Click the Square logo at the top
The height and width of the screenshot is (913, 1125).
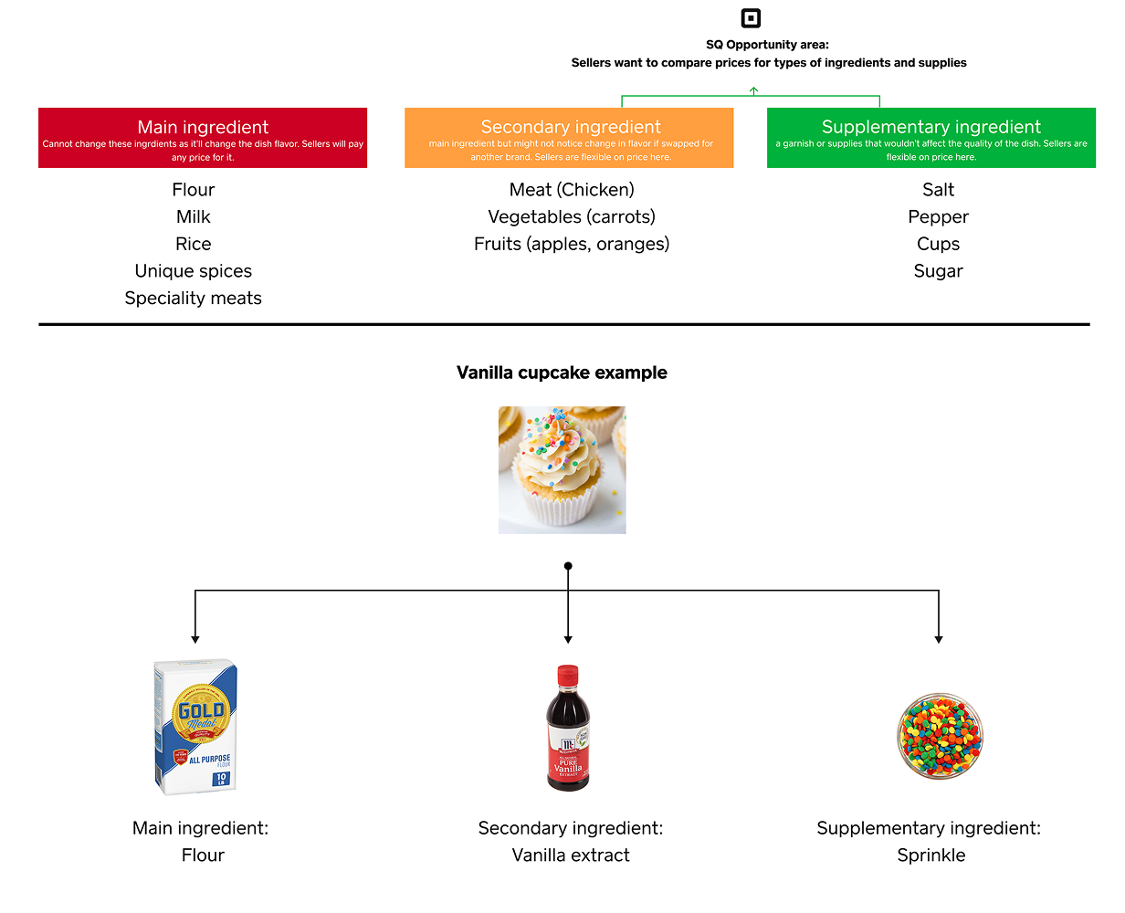pos(751,18)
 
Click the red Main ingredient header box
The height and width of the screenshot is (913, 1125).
pos(203,138)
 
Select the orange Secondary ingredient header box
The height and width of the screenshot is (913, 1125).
pos(570,138)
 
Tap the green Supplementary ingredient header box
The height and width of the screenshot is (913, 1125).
pos(930,138)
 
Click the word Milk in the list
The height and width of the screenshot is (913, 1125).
pos(194,217)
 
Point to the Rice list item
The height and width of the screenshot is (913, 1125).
pos(194,245)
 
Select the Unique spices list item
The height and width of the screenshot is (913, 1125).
pos(194,271)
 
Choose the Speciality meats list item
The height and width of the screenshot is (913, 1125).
pos(194,299)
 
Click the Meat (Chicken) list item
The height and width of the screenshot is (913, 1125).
pos(572,190)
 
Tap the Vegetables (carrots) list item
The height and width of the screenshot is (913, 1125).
pos(572,217)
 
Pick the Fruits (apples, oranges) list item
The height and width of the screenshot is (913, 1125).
pos(572,245)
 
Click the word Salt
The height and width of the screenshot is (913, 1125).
pos(938,190)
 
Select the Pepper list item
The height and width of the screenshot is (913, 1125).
pos(938,217)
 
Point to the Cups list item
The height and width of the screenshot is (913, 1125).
pos(938,245)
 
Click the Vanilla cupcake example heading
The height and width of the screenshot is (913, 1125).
pos(562,373)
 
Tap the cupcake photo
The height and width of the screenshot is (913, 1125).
pos(562,470)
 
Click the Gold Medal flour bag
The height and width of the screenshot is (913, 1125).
pos(195,727)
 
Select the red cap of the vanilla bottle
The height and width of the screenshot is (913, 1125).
pos(568,677)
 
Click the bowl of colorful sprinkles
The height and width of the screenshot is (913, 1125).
pos(940,736)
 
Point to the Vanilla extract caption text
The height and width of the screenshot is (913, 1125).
pos(571,855)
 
